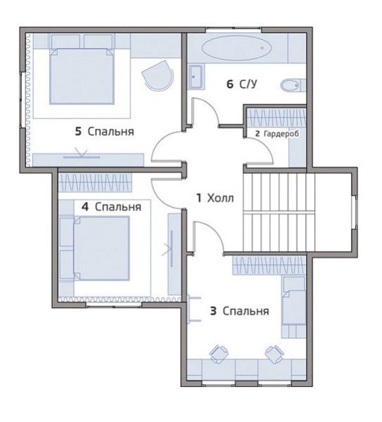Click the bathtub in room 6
click(x=237, y=48)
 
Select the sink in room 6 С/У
click(x=196, y=77)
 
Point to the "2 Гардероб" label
click(x=277, y=134)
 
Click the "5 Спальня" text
click(x=104, y=131)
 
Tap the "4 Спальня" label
click(x=111, y=207)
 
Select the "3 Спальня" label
click(x=239, y=311)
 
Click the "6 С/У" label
click(x=242, y=84)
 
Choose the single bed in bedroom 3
click(x=293, y=307)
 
